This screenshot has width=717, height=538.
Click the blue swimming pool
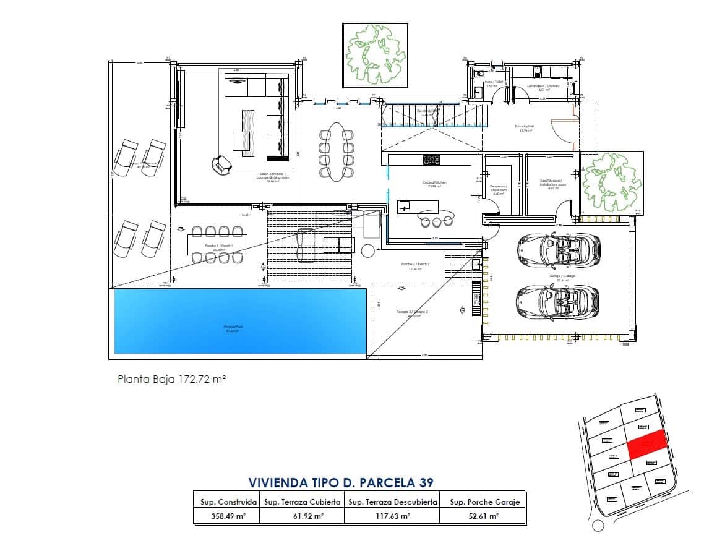(x=240, y=321)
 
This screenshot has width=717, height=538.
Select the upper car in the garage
(x=557, y=249)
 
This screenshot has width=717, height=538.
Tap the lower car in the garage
(x=557, y=300)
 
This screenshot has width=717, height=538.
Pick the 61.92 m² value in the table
(x=301, y=516)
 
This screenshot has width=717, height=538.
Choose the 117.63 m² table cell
(x=391, y=516)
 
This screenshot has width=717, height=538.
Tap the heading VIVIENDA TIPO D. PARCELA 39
(x=340, y=482)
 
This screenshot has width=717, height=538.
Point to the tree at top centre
(x=375, y=55)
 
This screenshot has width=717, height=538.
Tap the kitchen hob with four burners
(x=431, y=160)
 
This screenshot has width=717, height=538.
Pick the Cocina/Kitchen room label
(x=434, y=183)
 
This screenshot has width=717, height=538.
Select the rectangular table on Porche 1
(x=217, y=245)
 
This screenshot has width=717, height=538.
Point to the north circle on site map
(x=597, y=526)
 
